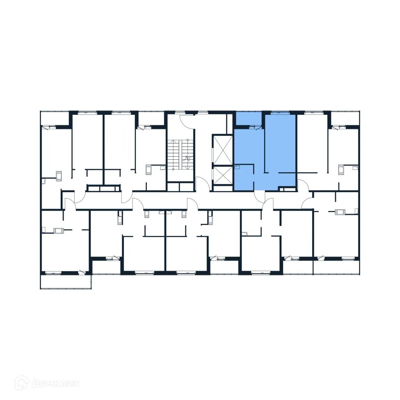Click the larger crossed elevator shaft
(222, 150)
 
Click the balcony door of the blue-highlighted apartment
(254, 126)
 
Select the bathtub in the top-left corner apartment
(59, 176)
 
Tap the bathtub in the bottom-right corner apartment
(341, 212)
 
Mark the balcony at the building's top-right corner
(345, 118)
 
